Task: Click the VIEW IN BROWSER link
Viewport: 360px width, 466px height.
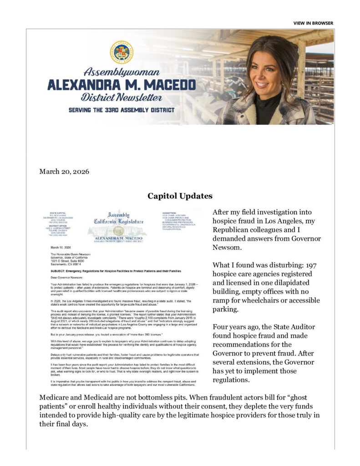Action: pos(313,23)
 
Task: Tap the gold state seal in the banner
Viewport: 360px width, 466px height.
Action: pos(122,52)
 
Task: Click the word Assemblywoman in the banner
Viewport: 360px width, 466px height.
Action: pos(122,72)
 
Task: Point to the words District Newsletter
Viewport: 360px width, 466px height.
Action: pos(122,97)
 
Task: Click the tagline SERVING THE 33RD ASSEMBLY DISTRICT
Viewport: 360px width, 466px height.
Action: pos(122,110)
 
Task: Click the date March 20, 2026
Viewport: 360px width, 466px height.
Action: pos(64,172)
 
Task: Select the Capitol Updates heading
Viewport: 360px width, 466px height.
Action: pos(180,196)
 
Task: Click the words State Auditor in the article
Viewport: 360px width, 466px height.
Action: pos(295,327)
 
